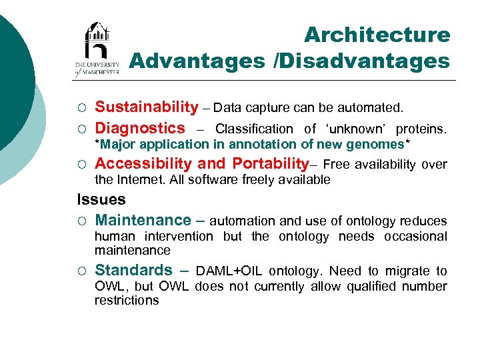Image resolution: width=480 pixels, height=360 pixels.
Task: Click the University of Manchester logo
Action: (x=97, y=49)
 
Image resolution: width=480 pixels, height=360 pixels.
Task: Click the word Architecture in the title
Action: (x=377, y=35)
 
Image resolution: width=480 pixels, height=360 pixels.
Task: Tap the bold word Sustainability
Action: (x=147, y=107)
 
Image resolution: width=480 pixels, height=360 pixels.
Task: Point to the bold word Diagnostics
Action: (x=140, y=128)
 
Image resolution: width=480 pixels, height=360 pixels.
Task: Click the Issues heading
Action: (x=101, y=199)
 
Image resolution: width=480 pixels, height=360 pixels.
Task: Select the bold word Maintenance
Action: (x=143, y=220)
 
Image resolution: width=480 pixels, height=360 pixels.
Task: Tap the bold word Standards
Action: (x=133, y=270)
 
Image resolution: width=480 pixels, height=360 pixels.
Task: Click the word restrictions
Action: (x=127, y=301)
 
